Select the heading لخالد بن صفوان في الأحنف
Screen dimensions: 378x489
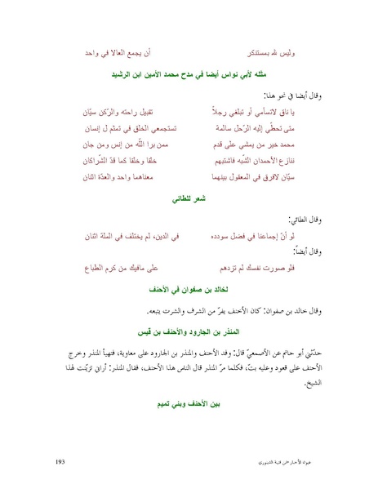coord(189,289)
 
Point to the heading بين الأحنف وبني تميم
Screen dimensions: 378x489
coord(189,403)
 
